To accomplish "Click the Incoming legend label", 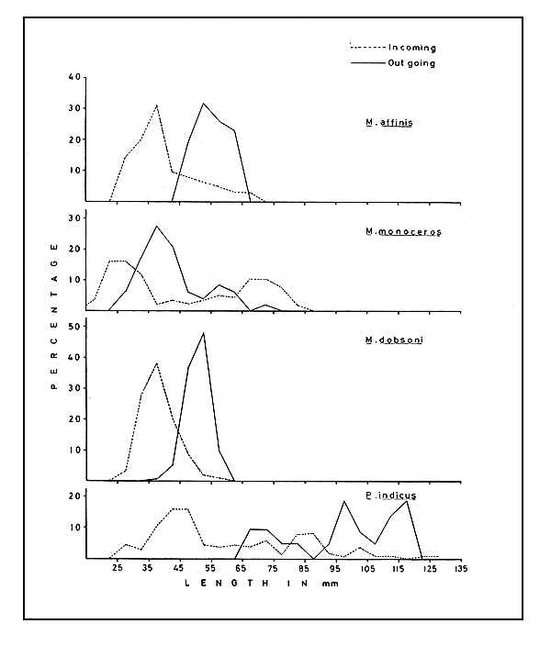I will click(x=412, y=47).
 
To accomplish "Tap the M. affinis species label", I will click(x=387, y=123).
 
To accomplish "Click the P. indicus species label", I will click(x=392, y=496).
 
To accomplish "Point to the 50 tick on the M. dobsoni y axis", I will click(x=71, y=325).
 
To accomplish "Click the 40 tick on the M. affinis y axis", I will click(x=71, y=77).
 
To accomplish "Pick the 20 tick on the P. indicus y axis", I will click(x=71, y=496).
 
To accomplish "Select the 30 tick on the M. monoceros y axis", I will click(x=71, y=217).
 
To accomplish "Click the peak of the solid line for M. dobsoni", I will click(x=203, y=332).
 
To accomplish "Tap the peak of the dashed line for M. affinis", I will click(x=157, y=105).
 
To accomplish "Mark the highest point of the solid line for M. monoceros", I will click(x=157, y=226).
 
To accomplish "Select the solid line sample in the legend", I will click(x=374, y=63).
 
